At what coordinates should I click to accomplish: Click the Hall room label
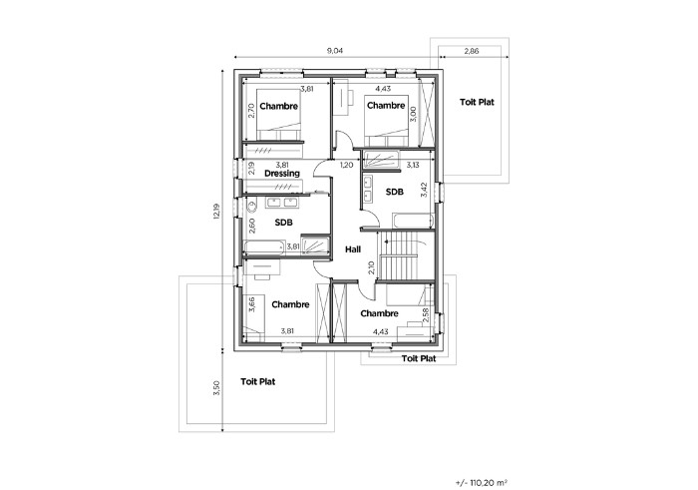(x=353, y=249)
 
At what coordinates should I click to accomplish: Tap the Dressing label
(x=282, y=174)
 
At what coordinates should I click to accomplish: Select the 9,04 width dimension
(x=335, y=51)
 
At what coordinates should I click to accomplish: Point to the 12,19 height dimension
(x=216, y=212)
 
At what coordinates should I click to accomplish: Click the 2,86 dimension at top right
(x=472, y=51)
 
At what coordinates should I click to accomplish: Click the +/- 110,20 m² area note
(x=482, y=482)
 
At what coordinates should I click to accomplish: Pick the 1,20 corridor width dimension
(x=346, y=165)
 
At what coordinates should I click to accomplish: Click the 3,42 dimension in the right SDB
(x=424, y=190)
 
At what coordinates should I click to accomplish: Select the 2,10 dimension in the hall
(x=372, y=267)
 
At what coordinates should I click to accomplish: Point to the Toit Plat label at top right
(x=477, y=102)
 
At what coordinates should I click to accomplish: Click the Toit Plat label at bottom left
(x=257, y=382)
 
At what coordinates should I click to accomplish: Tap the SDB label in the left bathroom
(x=283, y=223)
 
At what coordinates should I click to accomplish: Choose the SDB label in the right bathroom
(x=395, y=192)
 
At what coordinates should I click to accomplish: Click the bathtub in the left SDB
(x=264, y=247)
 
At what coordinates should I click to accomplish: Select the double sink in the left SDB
(x=282, y=203)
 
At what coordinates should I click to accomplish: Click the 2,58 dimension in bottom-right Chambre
(x=425, y=315)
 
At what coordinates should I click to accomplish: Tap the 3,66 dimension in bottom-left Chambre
(x=251, y=304)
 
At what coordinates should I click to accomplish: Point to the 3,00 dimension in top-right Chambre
(x=413, y=114)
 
